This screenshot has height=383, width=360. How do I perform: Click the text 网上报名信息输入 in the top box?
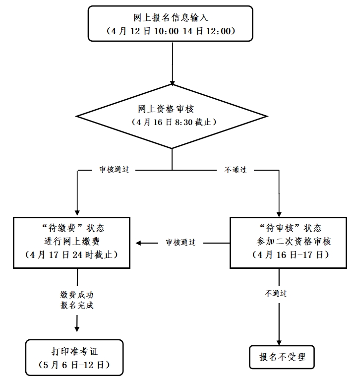click(x=171, y=17)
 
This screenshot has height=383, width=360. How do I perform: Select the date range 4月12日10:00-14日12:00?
click(x=171, y=30)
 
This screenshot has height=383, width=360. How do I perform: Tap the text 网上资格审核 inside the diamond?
click(x=172, y=109)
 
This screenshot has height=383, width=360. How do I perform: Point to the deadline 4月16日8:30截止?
click(x=172, y=122)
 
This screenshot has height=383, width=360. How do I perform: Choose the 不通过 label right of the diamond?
click(x=236, y=170)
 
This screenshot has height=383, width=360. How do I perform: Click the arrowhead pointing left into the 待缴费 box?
click(x=140, y=243)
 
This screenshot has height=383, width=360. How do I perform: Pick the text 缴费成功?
click(x=77, y=295)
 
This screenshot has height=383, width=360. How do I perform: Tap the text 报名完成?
click(x=77, y=306)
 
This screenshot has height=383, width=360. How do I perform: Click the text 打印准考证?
click(x=74, y=352)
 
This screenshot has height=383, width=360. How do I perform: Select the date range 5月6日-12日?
click(x=74, y=365)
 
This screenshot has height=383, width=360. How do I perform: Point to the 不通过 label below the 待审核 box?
click(x=276, y=293)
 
